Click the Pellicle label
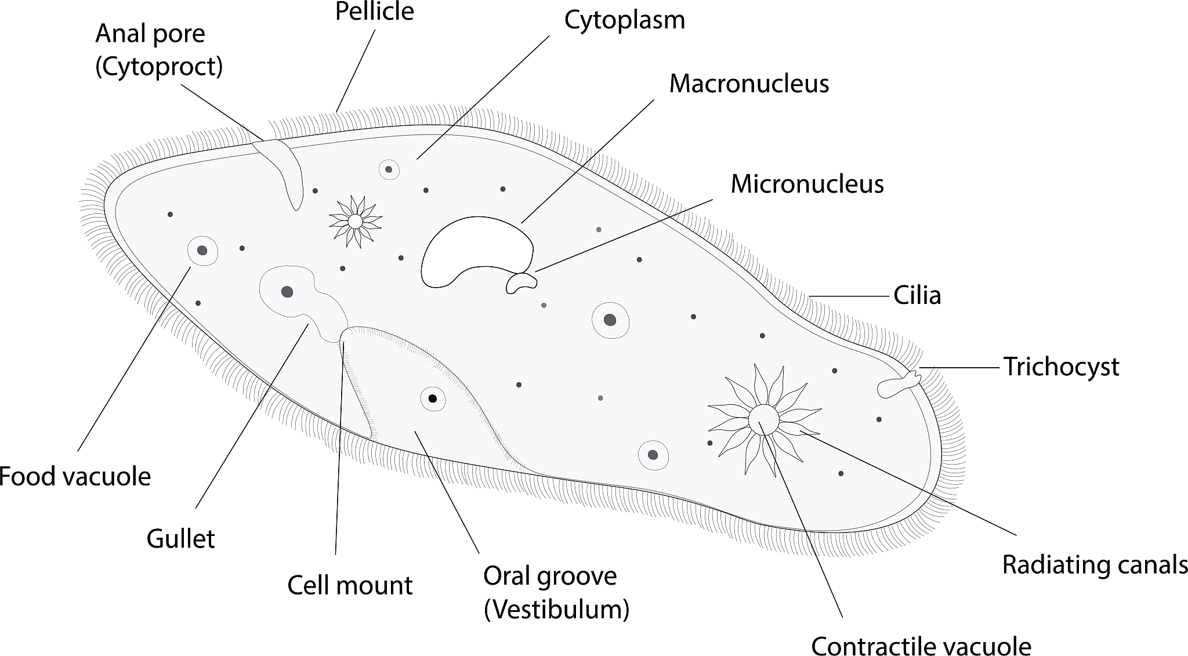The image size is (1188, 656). click(x=375, y=12)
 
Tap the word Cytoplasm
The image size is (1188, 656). click(x=625, y=20)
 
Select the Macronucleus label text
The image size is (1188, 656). click(x=749, y=84)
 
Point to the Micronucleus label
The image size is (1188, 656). click(x=807, y=184)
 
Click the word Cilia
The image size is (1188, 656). click(x=917, y=295)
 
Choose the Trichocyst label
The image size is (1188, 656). click(x=1061, y=367)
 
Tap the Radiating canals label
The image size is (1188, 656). click(x=1095, y=564)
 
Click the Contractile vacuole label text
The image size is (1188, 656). click(x=921, y=646)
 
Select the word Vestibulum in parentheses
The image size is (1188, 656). click(x=557, y=609)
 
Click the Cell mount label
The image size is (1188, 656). click(x=350, y=585)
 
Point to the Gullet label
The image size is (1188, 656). click(x=181, y=539)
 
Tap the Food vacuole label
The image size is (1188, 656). click(x=75, y=477)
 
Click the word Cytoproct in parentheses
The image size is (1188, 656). click(x=159, y=67)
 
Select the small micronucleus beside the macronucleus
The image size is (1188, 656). click(x=521, y=282)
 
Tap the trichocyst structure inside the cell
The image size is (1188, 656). click(x=896, y=386)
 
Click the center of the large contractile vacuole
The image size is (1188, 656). click(x=763, y=419)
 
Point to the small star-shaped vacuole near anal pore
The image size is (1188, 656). click(x=355, y=221)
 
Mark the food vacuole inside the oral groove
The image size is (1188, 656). click(x=432, y=398)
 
